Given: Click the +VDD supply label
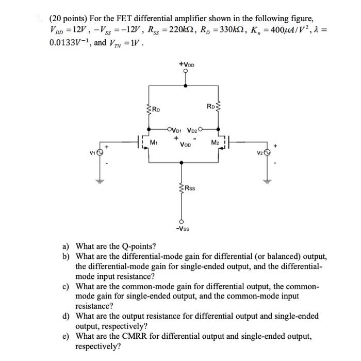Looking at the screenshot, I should point(186,64).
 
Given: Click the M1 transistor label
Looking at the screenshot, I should point(153,142).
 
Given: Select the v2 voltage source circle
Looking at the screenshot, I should point(266,152).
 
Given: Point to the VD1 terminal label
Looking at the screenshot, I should point(176,130).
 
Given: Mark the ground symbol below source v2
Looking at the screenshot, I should point(266,181).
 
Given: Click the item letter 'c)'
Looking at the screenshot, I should point(66,286).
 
